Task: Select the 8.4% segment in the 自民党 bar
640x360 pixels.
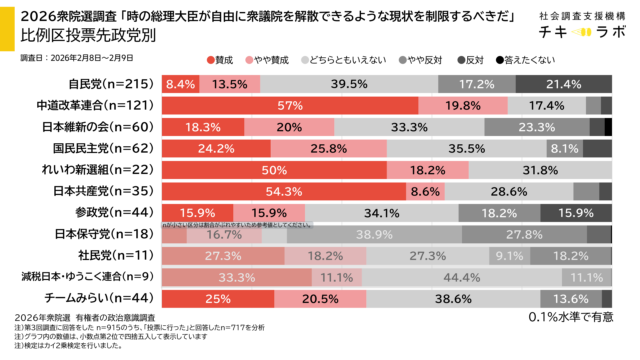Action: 181,83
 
